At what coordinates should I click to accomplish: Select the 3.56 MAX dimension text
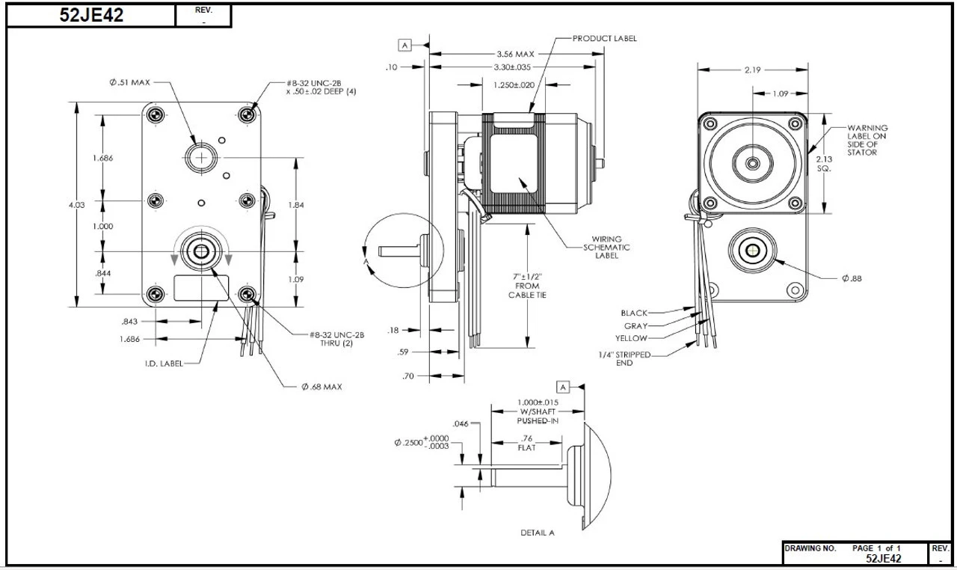click(x=515, y=54)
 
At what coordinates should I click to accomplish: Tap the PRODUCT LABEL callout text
click(x=605, y=38)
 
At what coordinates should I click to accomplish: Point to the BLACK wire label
click(x=634, y=313)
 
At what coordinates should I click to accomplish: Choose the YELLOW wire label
click(x=632, y=338)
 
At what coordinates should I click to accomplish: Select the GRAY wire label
click(x=635, y=326)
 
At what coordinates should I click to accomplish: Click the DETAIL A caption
click(x=538, y=533)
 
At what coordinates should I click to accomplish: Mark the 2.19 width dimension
click(x=752, y=70)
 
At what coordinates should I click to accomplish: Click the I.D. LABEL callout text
click(x=163, y=364)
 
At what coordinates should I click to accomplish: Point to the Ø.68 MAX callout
click(x=321, y=387)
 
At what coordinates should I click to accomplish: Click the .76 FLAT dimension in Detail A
click(x=526, y=443)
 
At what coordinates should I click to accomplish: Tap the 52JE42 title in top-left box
click(x=91, y=16)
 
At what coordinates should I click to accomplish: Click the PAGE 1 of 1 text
click(x=876, y=548)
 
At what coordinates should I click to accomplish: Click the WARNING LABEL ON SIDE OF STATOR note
click(x=867, y=140)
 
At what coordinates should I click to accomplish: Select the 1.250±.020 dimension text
click(x=514, y=85)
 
